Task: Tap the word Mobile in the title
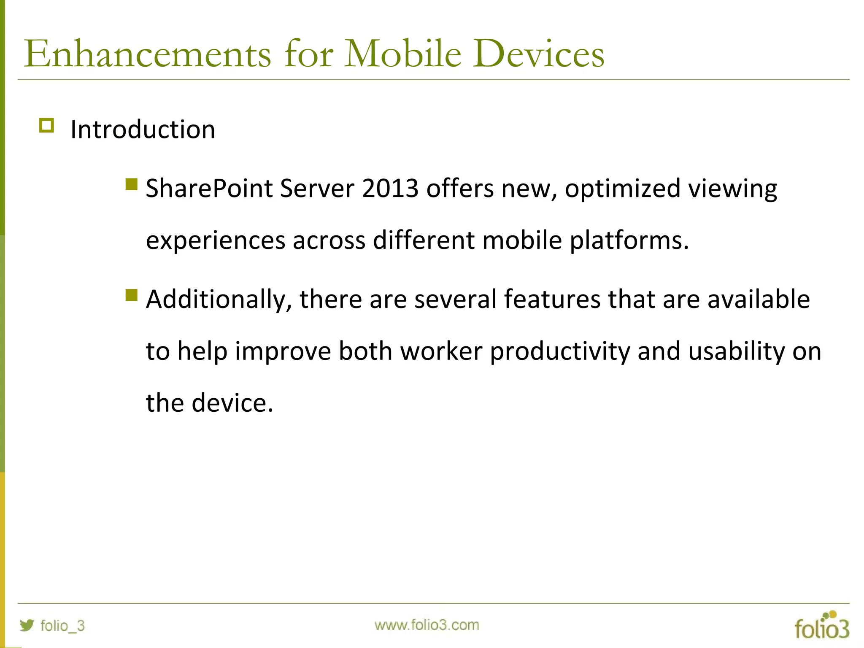coord(403,54)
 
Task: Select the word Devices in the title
coord(538,54)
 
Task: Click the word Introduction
coord(143,129)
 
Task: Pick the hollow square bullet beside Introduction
coord(46,126)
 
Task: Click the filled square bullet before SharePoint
coord(132,184)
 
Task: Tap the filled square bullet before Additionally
coord(132,295)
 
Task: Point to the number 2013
coord(390,188)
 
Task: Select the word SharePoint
coord(209,188)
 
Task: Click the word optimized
coord(623,188)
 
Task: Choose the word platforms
coord(629,240)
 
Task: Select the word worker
coord(441,351)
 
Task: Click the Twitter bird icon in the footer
coord(27,625)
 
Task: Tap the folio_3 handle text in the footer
coord(62,625)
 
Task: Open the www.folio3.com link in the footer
coord(427,625)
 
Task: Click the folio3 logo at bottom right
coord(821,626)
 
